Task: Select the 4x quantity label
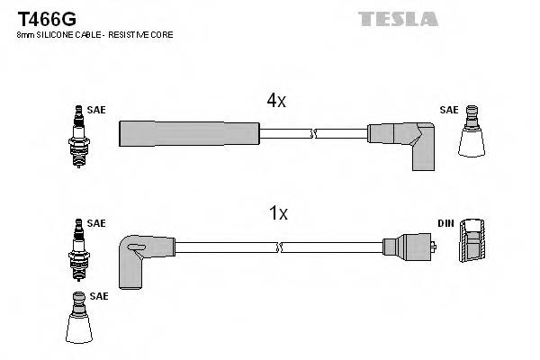click(x=275, y=102)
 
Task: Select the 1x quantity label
click(x=278, y=213)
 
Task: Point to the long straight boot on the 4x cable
click(x=189, y=134)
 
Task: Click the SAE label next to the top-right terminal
click(x=448, y=110)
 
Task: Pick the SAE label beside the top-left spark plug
click(x=96, y=110)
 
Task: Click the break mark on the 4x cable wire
click(x=311, y=134)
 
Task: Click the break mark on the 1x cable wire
click(x=281, y=246)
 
